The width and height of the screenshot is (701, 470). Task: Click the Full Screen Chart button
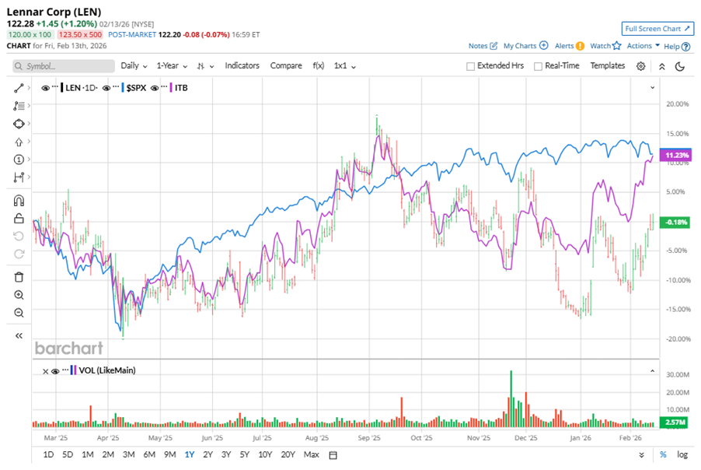tap(657, 29)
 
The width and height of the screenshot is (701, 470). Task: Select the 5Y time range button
tap(244, 454)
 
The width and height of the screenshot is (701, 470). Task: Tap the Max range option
tap(311, 454)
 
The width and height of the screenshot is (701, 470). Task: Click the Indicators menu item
tap(242, 66)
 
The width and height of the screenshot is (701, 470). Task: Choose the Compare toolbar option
tap(286, 66)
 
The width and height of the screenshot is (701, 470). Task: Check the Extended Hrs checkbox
tap(471, 66)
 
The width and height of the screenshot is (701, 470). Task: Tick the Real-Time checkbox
tap(538, 66)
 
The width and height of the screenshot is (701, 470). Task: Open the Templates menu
tap(607, 66)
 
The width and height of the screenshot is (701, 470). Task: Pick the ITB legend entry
tap(181, 87)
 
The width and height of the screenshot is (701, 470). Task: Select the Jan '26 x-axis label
tap(580, 438)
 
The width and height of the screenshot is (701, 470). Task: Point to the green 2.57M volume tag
tap(672, 423)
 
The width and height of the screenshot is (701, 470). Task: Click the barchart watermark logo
tap(68, 348)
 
